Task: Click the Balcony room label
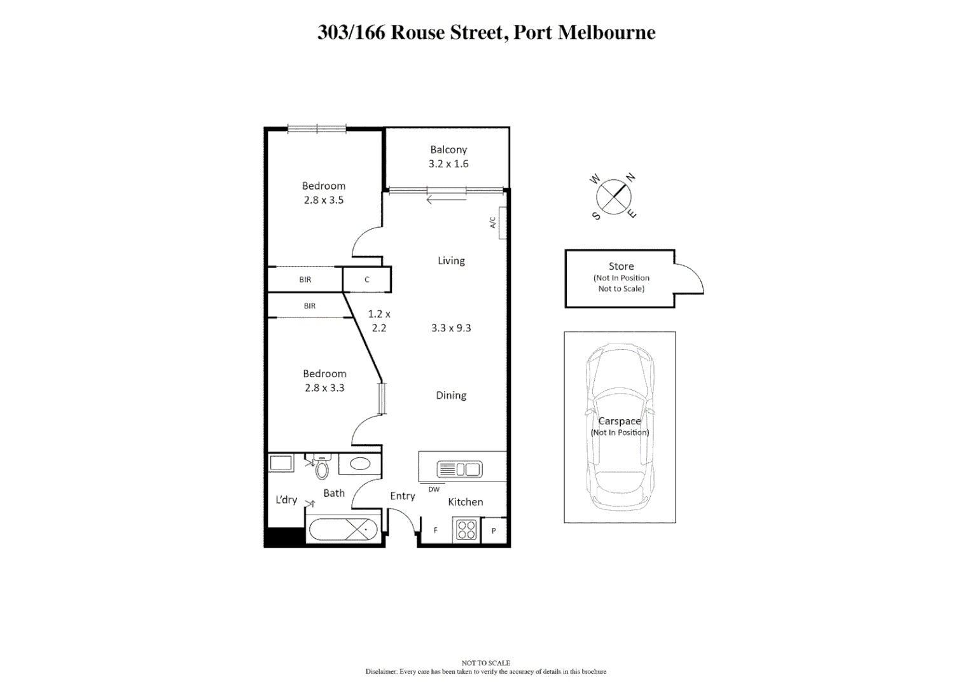pos(448,149)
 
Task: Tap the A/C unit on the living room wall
pos(503,223)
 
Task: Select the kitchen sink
pos(459,470)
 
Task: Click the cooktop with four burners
pos(466,530)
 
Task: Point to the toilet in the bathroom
pos(322,469)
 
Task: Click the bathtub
pos(343,529)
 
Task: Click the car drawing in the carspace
pos(620,426)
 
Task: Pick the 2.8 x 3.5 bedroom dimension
pos(323,200)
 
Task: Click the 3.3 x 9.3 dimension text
pos(451,328)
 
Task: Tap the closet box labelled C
pos(367,279)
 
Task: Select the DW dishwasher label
pos(434,489)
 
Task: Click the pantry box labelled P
pos(494,531)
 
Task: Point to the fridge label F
pos(436,530)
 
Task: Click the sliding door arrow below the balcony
pos(438,200)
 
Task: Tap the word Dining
pos(451,395)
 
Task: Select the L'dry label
pos(286,499)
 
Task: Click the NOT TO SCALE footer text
pos(485,663)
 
